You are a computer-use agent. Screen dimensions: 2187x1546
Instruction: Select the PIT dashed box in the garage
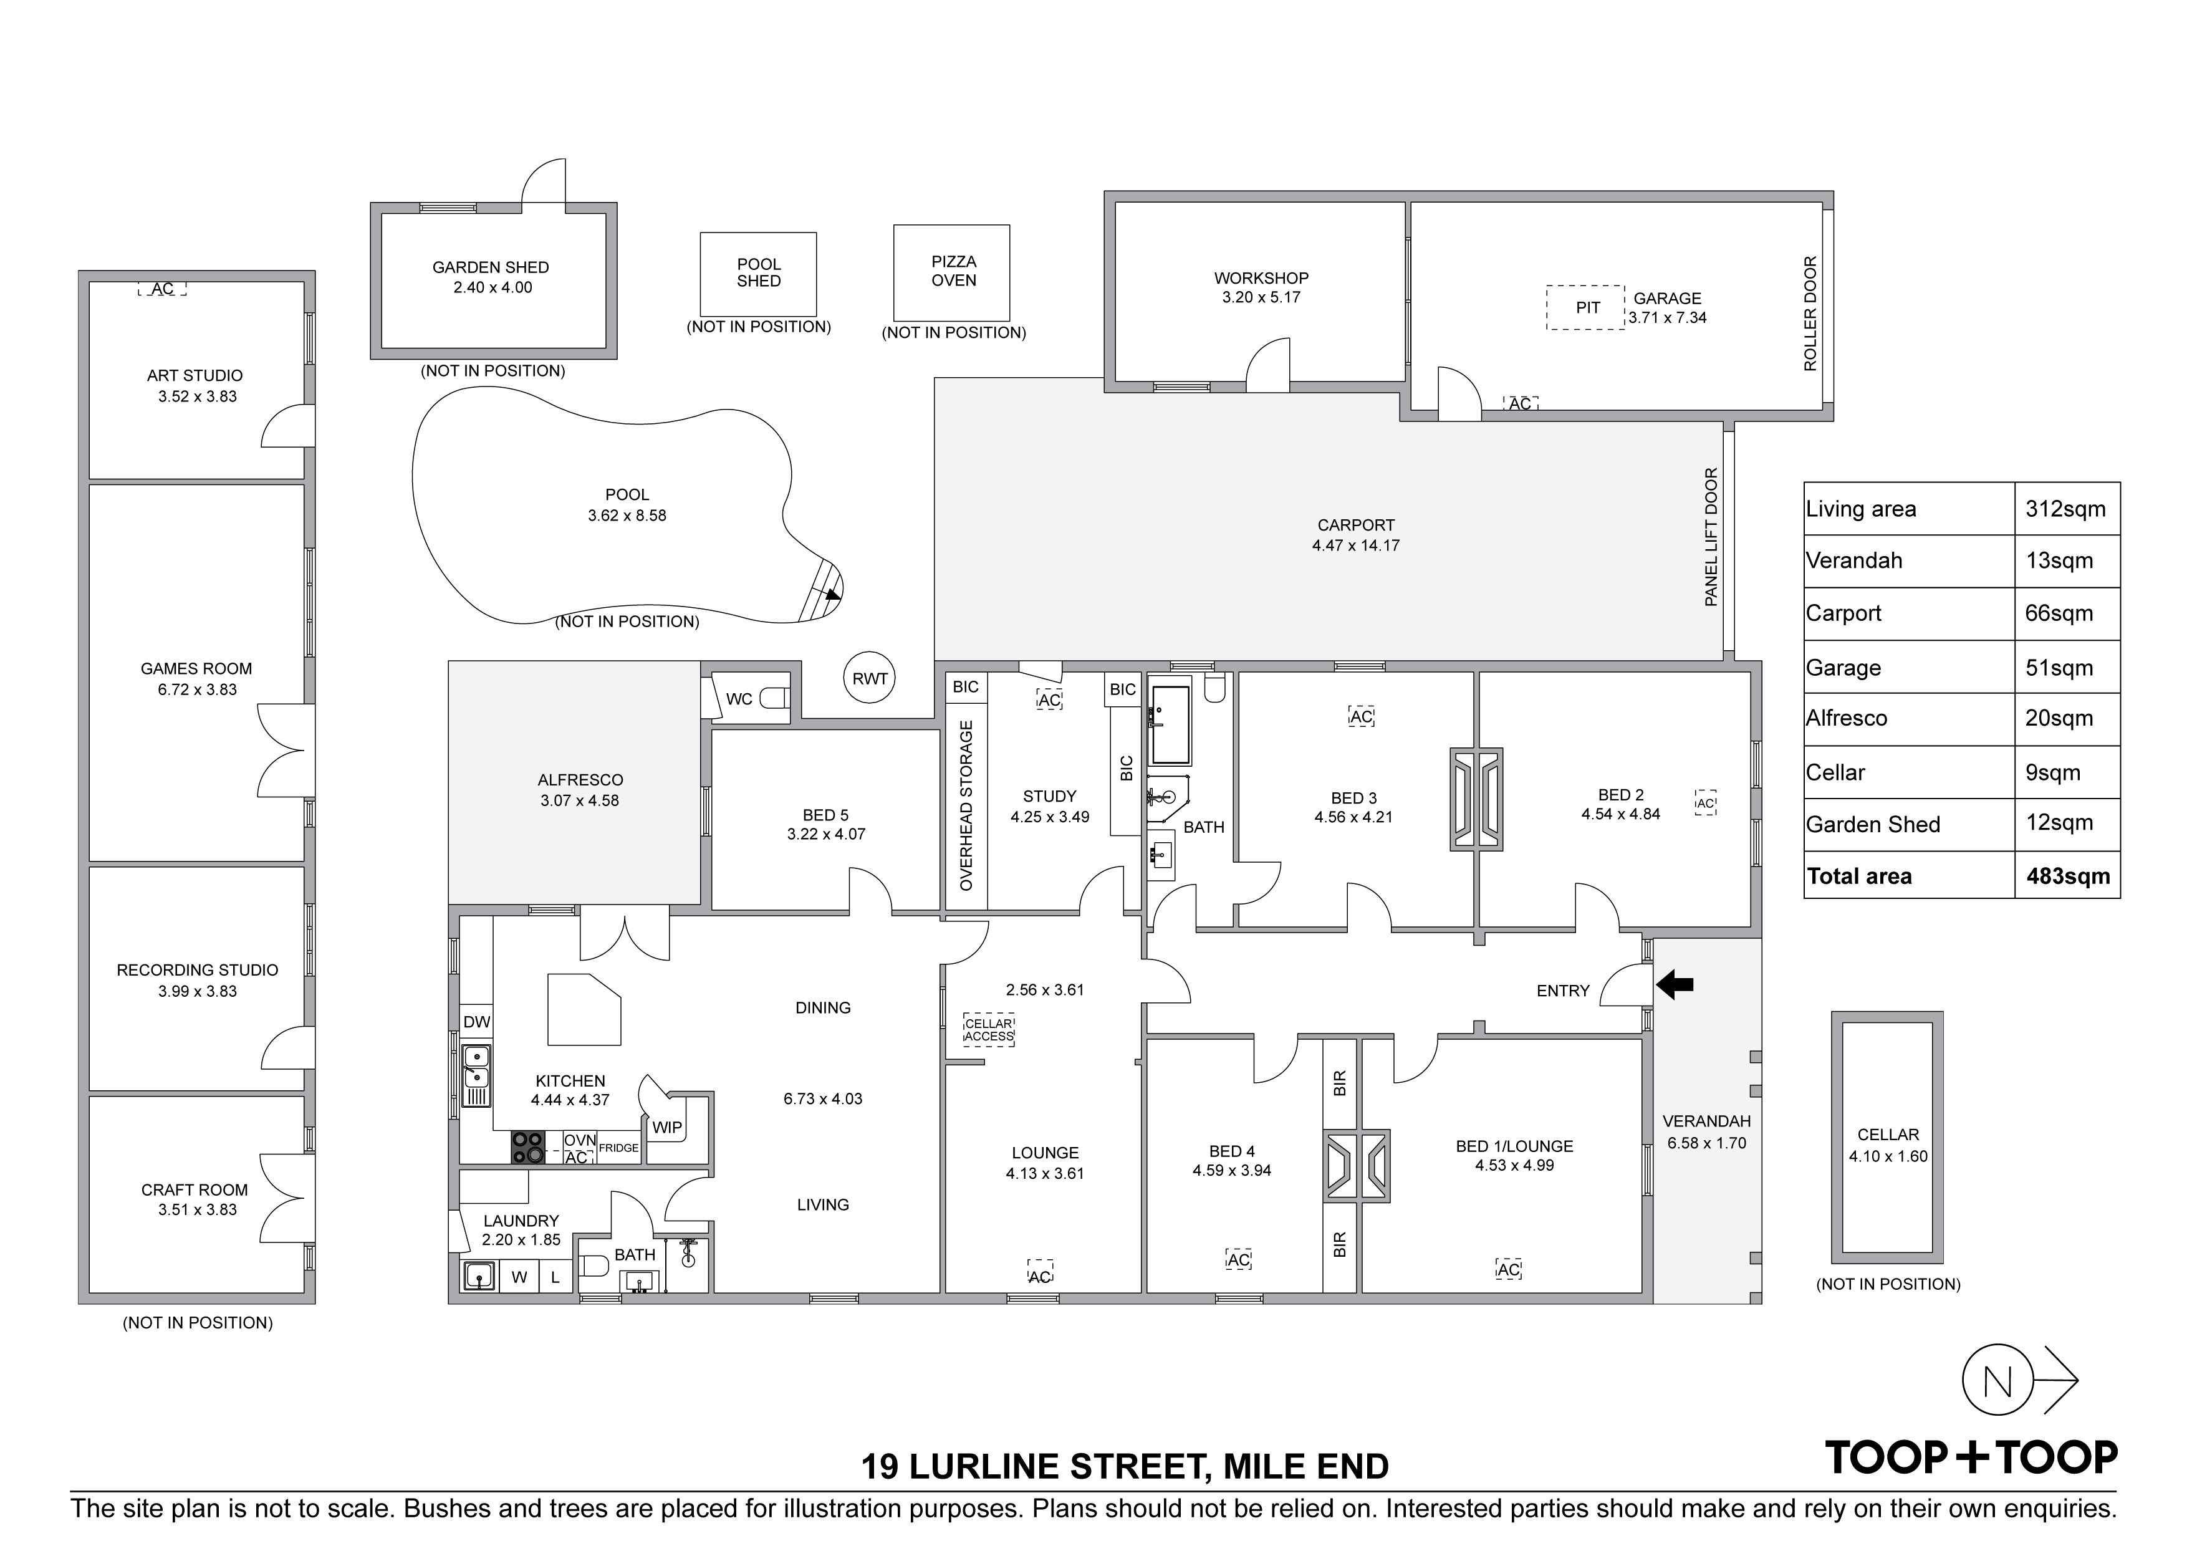pos(1585,308)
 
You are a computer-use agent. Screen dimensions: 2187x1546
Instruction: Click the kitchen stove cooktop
pos(529,1147)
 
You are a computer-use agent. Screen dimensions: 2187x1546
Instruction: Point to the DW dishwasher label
pos(476,1022)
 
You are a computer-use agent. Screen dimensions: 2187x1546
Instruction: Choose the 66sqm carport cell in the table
pos(2059,613)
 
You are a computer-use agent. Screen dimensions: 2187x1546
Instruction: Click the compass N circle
pos(1997,1380)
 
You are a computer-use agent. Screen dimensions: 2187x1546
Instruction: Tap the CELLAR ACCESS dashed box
pos(989,1030)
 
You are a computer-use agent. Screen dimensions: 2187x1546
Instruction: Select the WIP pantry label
pos(667,1127)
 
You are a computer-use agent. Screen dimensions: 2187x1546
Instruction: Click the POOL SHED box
pos(758,274)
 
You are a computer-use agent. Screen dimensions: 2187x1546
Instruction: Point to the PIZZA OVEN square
pos(951,272)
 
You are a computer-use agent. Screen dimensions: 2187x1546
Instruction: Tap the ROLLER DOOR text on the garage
pos(1810,314)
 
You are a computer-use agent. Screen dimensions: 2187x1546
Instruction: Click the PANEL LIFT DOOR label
pos(1711,537)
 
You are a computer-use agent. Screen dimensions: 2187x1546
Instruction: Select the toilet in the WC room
pos(774,698)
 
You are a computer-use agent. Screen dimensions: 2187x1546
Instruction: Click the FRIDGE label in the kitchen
pos(618,1148)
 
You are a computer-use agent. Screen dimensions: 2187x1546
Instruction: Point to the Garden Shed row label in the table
pos(1873,825)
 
